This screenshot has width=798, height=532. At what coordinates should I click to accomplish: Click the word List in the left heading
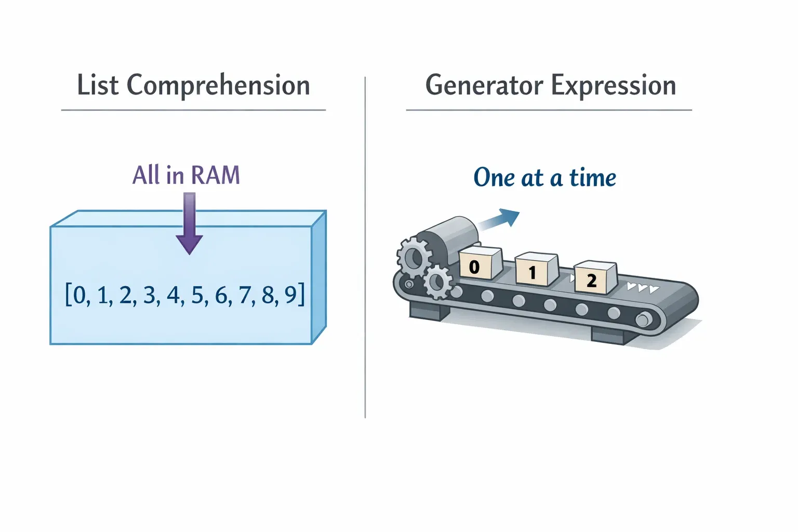(97, 85)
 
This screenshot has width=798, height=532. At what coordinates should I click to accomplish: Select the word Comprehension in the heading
(218, 86)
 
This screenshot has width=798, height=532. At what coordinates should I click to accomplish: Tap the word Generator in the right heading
(484, 85)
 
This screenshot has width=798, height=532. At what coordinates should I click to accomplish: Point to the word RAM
(215, 175)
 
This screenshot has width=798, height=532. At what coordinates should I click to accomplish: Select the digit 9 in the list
(291, 295)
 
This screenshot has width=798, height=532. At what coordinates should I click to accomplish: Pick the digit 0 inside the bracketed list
(79, 295)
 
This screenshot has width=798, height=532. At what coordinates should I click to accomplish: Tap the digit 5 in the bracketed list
(197, 295)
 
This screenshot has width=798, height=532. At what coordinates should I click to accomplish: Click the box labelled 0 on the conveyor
(480, 264)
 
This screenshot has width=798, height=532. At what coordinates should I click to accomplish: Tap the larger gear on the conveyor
(414, 257)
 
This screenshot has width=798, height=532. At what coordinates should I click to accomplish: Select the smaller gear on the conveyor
(437, 282)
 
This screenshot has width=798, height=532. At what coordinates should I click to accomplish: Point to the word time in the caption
(592, 178)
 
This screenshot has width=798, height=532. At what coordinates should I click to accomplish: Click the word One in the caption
(494, 178)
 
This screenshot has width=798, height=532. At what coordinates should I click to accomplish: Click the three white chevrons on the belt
(643, 287)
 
